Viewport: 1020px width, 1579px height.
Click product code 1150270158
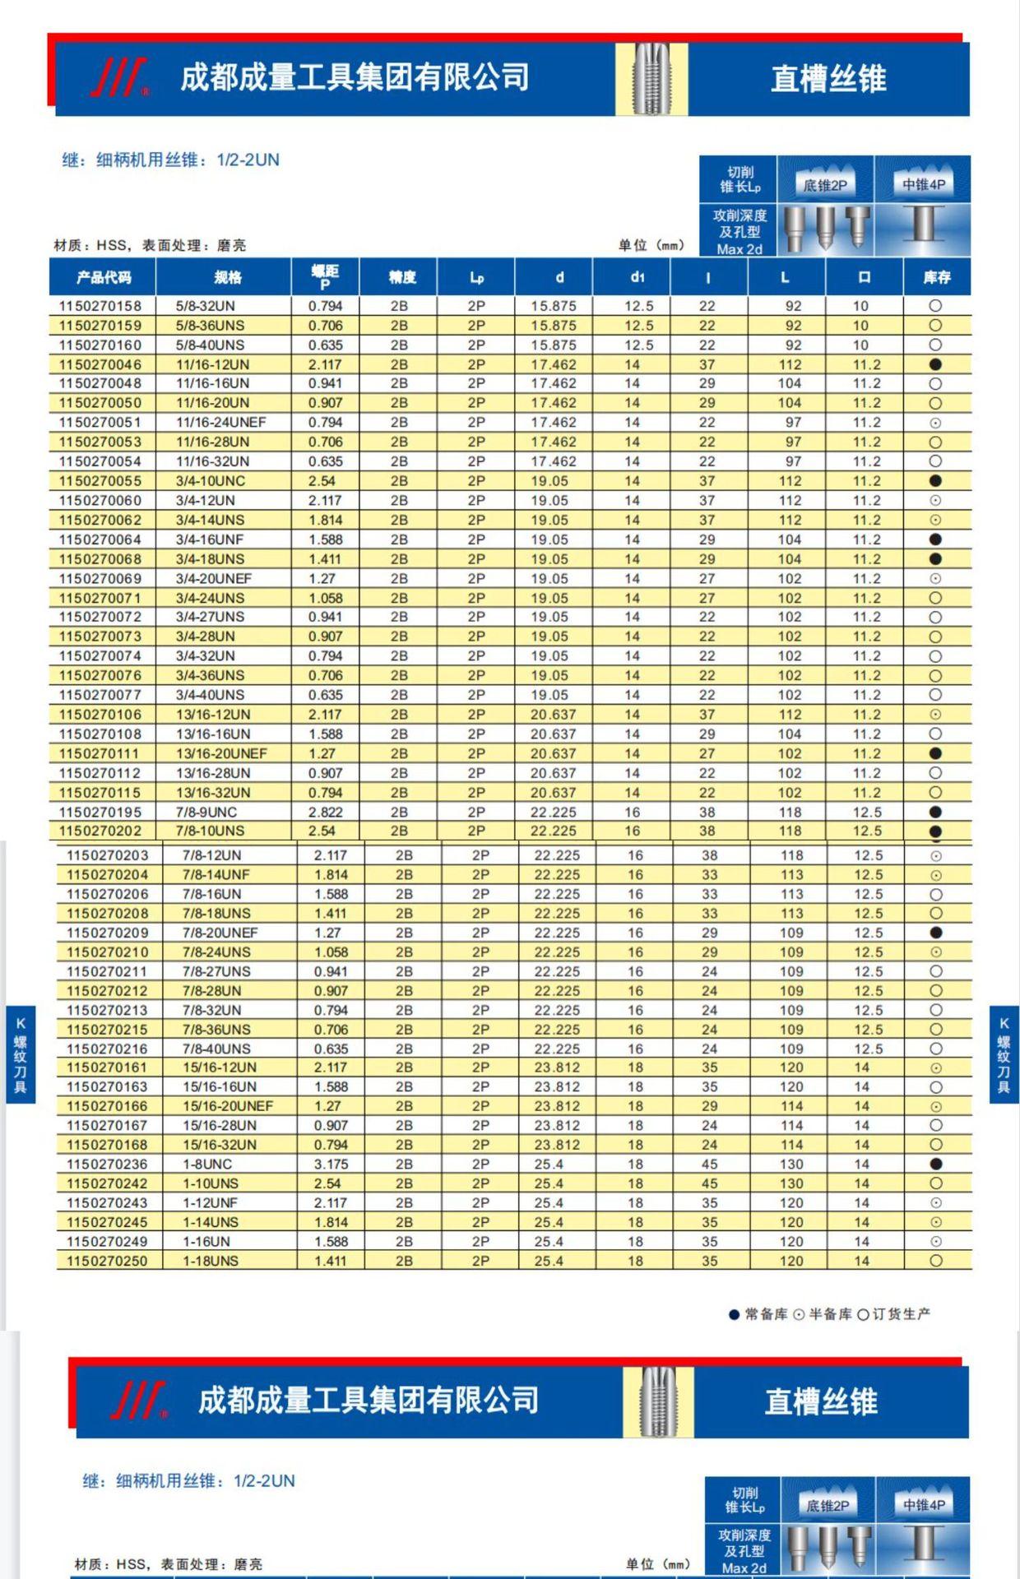click(100, 306)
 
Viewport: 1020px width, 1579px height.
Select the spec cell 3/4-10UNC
click(211, 481)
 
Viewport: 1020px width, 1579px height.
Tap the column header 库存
click(936, 278)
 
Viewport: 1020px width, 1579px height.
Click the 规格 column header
click(228, 278)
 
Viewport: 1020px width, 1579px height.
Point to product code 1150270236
click(107, 1165)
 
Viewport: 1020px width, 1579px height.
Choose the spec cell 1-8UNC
click(207, 1165)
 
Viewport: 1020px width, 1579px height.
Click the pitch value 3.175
click(331, 1165)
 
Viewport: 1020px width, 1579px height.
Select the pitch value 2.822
click(326, 813)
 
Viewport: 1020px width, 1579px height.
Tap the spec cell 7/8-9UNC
click(206, 813)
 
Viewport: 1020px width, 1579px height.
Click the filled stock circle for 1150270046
click(935, 364)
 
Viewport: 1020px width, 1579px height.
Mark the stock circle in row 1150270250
click(935, 1261)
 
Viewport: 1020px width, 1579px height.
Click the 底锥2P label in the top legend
click(825, 185)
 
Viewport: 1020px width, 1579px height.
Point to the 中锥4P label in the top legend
click(924, 185)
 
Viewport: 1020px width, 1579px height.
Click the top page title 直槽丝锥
click(828, 79)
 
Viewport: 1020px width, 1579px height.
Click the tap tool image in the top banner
click(652, 79)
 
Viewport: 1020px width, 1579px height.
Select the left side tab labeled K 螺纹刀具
click(21, 1054)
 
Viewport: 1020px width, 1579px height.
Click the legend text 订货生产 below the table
click(901, 1314)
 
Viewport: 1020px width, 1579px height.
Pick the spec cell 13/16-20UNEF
click(221, 754)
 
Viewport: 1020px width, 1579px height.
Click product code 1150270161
click(107, 1067)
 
